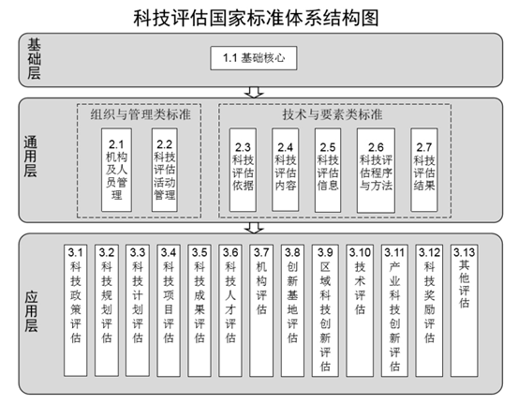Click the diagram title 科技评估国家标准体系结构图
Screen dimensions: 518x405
pos(256,18)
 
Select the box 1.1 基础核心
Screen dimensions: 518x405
pos(254,58)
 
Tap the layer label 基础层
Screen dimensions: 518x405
pos(34,59)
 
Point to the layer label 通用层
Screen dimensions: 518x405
pos(30,156)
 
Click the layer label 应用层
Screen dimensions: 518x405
pos(32,311)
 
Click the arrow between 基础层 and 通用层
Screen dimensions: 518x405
pos(254,92)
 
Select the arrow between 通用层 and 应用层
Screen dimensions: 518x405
pos(254,228)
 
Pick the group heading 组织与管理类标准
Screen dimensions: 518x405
pos(141,114)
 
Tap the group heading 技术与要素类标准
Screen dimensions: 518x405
pos(333,114)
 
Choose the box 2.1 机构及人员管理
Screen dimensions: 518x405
pos(116,170)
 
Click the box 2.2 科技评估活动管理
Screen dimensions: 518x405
pos(165,170)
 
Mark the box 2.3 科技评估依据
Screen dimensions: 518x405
pos(243,170)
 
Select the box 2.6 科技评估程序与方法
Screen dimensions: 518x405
pos(376,171)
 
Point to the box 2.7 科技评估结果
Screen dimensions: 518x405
pos(424,170)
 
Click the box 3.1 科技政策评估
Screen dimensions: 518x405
pos(75,310)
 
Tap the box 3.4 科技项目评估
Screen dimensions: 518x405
pos(169,310)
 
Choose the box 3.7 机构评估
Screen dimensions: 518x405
pos(261,310)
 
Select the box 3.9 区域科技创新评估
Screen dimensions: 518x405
pos(325,310)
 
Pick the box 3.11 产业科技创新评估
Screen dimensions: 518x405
pos(394,310)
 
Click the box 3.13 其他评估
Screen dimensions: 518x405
pos(465,310)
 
